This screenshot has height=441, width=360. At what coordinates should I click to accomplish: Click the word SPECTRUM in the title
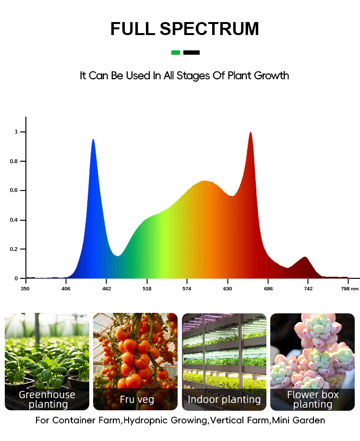(x=209, y=29)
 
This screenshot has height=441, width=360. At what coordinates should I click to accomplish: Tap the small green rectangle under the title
(x=176, y=52)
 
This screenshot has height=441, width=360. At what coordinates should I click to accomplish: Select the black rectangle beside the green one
(x=192, y=52)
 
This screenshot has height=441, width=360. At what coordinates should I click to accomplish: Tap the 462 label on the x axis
(x=107, y=289)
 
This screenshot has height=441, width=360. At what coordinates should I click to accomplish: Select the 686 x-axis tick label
(x=268, y=289)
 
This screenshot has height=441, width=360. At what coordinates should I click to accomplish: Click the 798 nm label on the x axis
(x=349, y=289)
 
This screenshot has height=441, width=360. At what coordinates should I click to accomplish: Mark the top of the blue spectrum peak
(x=93, y=140)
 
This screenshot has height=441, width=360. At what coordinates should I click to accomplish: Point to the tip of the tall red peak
(x=250, y=133)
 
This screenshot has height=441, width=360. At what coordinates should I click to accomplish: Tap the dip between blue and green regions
(x=118, y=255)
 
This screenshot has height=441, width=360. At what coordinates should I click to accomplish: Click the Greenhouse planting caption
(x=47, y=399)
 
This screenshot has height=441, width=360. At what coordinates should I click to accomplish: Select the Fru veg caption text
(x=137, y=399)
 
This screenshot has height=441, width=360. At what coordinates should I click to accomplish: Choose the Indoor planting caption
(x=224, y=399)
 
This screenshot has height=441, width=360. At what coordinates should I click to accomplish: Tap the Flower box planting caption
(x=312, y=399)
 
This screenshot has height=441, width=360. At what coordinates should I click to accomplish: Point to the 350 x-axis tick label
(x=25, y=289)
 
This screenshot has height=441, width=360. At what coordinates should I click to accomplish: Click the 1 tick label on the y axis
(x=16, y=131)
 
